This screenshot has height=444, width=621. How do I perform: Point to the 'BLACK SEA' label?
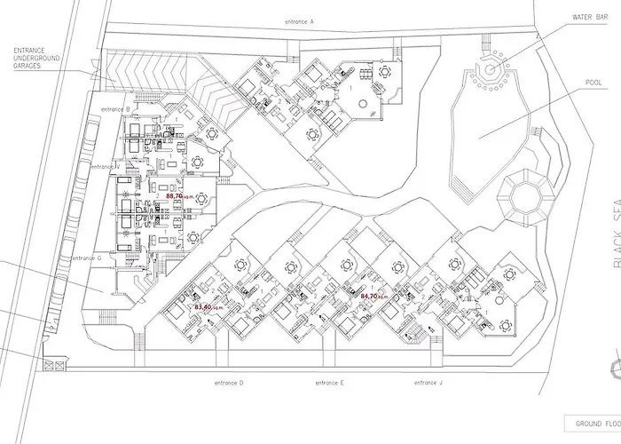(613, 231)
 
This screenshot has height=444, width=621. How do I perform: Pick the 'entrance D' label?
(229, 382)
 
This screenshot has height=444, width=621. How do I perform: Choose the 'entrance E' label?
(329, 382)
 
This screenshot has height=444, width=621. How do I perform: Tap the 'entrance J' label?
(428, 382)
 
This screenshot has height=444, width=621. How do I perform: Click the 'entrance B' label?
(115, 108)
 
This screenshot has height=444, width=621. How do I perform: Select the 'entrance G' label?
(87, 258)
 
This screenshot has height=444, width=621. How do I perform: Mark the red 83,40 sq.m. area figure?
(203, 306)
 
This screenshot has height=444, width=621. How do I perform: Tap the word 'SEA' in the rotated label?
(613, 211)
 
